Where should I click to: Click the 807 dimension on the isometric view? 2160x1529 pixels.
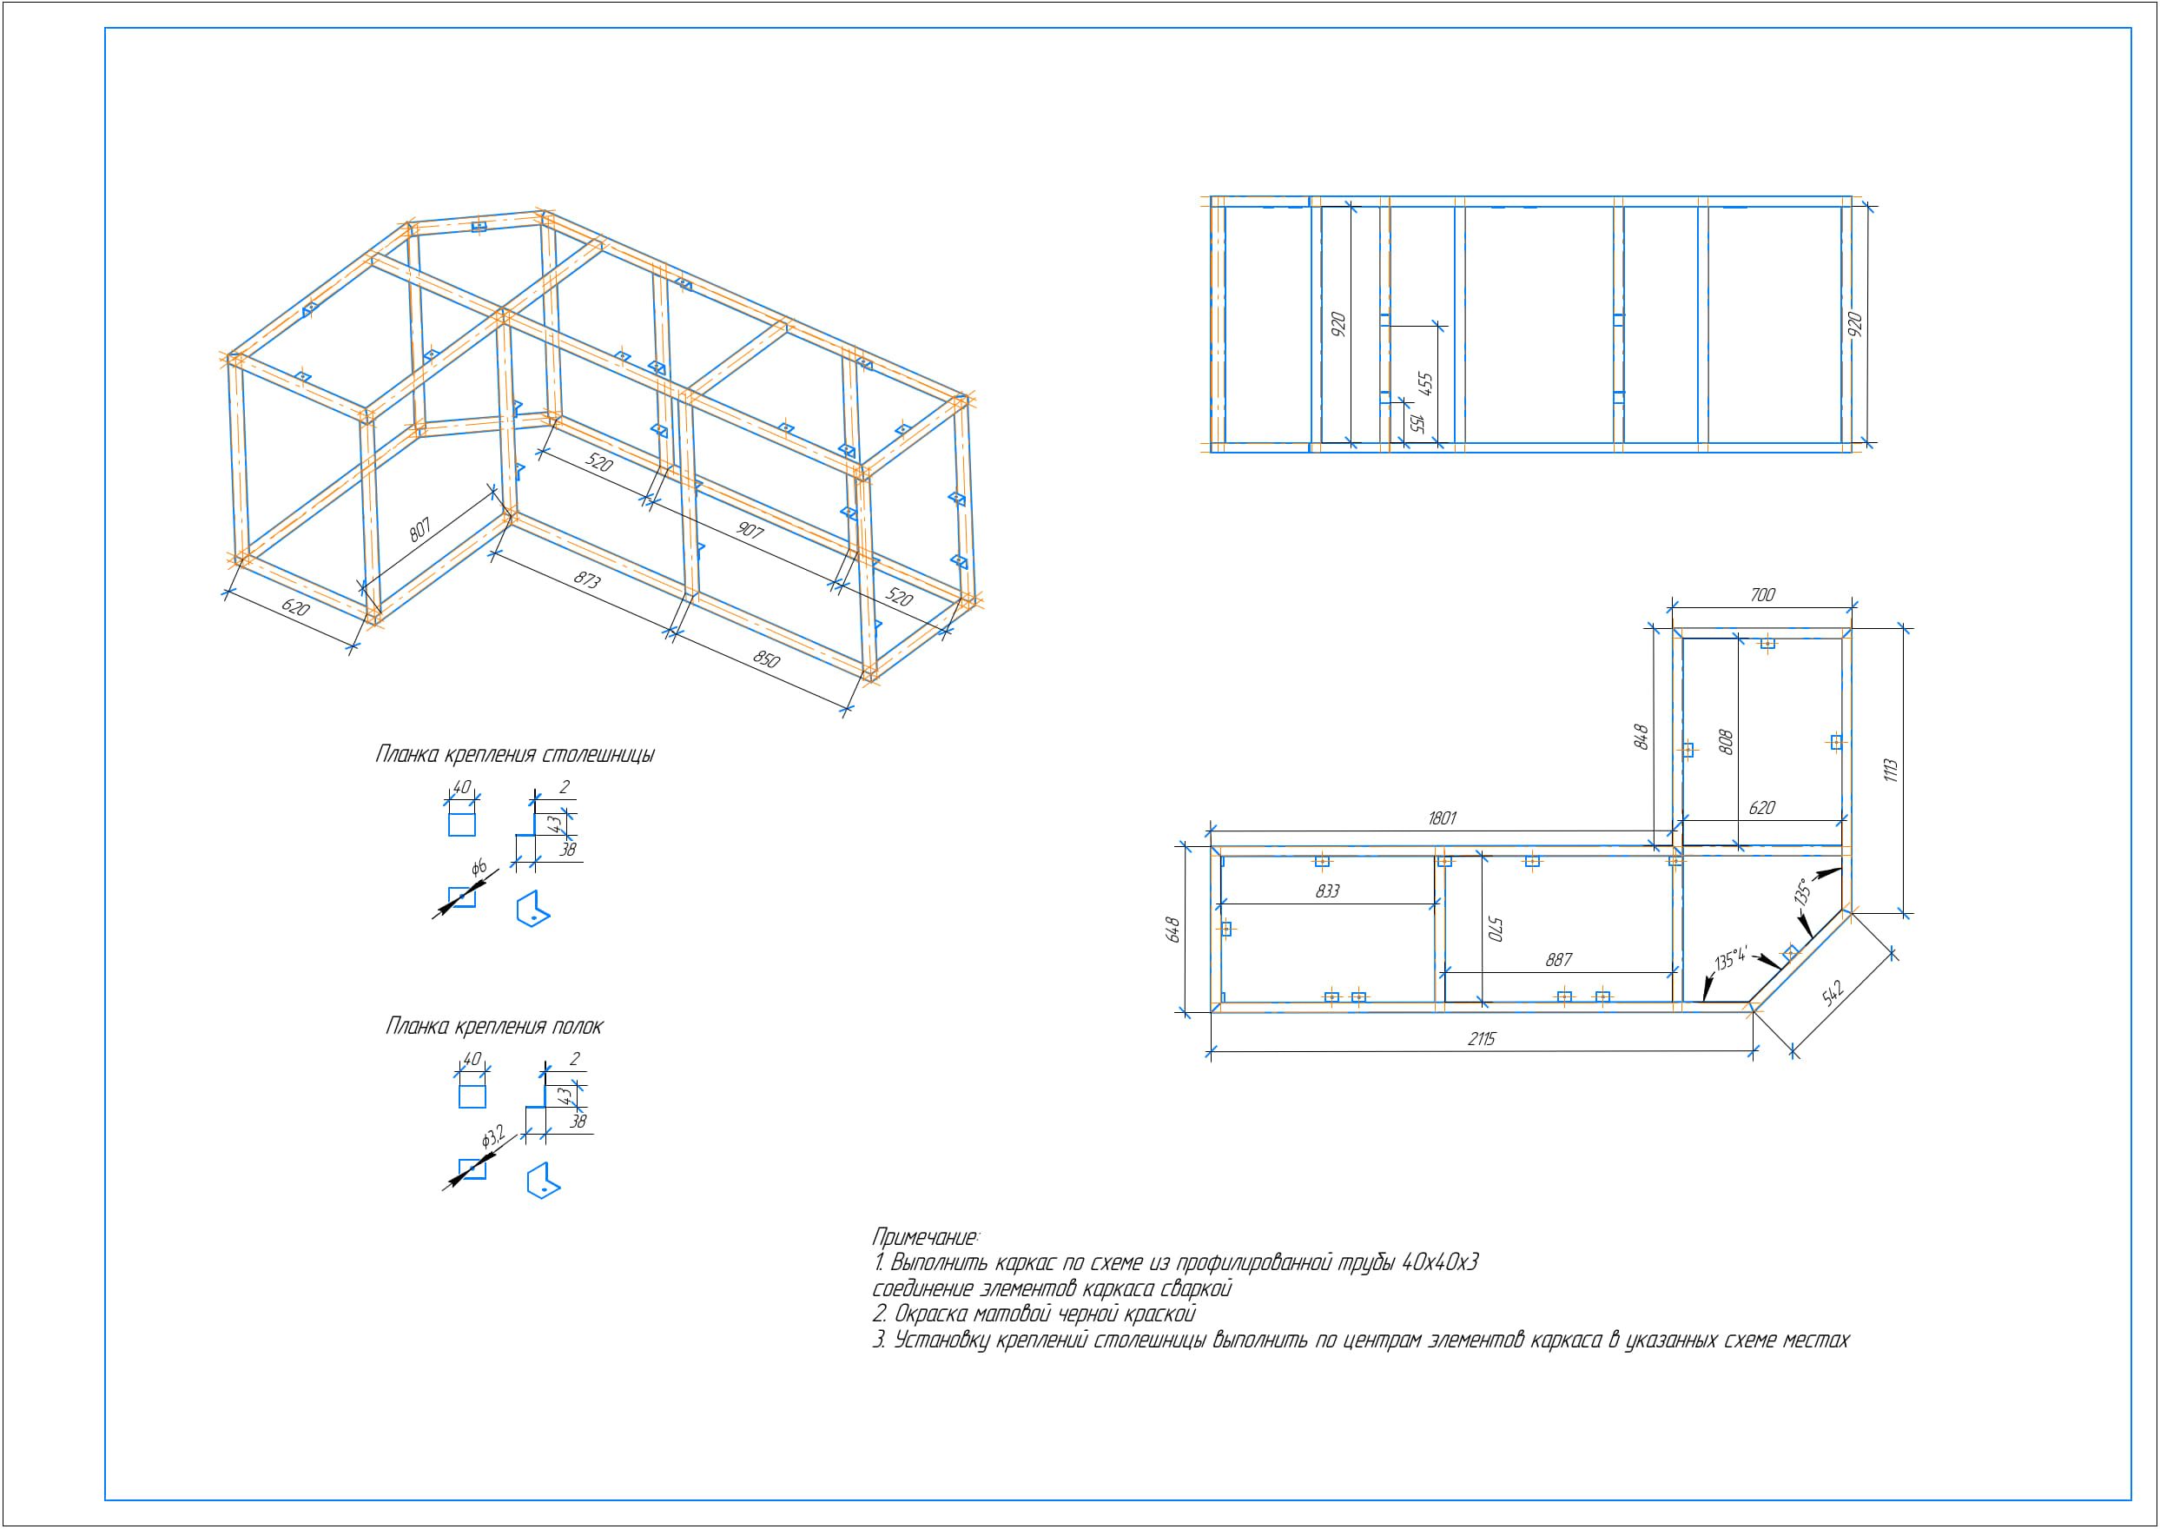(x=419, y=530)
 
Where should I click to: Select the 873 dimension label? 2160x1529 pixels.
(x=587, y=579)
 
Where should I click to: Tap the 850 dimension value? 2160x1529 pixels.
(x=767, y=659)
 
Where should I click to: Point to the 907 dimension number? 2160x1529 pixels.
(x=750, y=530)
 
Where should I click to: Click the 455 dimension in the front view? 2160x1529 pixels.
(x=1425, y=384)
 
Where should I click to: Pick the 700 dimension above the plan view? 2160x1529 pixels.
(x=1763, y=595)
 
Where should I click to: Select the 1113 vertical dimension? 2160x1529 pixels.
(x=1891, y=771)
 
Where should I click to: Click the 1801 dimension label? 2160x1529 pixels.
(x=1442, y=818)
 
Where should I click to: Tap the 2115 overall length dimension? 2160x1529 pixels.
(x=1482, y=1038)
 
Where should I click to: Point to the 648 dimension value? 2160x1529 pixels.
(x=1172, y=930)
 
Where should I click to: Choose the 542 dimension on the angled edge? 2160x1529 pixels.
(x=1833, y=992)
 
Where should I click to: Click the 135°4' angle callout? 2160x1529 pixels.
(x=1730, y=958)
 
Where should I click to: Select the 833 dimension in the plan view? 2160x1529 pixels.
(x=1327, y=890)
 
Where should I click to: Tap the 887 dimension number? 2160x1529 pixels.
(x=1559, y=959)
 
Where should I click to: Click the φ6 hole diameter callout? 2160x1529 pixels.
(x=479, y=867)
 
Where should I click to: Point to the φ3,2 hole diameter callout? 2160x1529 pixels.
(x=493, y=1137)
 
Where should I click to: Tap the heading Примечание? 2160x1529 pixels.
(x=925, y=1236)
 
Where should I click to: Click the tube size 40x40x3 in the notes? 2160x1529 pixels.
(x=1440, y=1261)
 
